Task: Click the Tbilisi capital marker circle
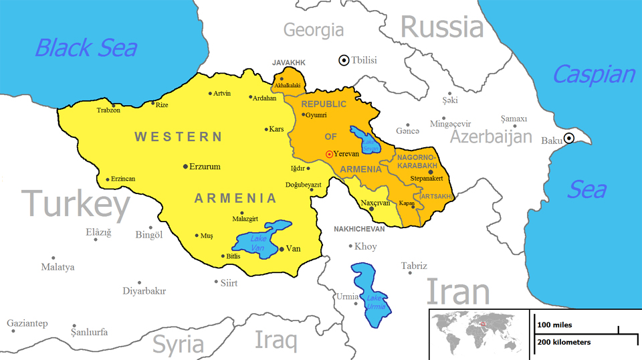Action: [x=344, y=60]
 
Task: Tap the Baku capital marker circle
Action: [x=568, y=139]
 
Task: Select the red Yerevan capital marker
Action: [x=329, y=154]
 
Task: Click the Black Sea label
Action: [x=86, y=48]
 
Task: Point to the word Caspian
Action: [x=593, y=74]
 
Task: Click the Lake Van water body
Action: [x=257, y=241]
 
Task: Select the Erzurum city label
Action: [x=205, y=167]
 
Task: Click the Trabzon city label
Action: [x=108, y=110]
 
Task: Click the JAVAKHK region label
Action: [x=288, y=62]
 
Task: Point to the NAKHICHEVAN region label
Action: [x=359, y=230]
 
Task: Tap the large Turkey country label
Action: [x=76, y=204]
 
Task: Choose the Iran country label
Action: [x=458, y=292]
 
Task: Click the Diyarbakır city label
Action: [x=144, y=291]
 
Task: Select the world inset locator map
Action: [x=479, y=334]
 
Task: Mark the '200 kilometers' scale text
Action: [x=564, y=343]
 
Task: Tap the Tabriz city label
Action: [x=413, y=266]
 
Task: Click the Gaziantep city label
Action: [x=27, y=324]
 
